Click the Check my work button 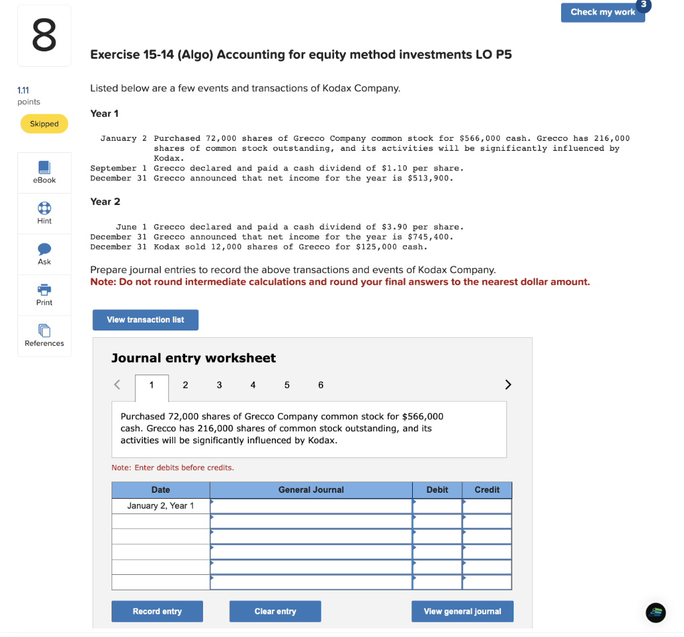(x=603, y=12)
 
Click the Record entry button (x=157, y=611)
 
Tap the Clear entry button (x=275, y=611)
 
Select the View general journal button (x=462, y=611)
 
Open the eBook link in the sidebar (x=44, y=172)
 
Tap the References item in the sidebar (x=44, y=335)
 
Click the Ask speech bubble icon (x=44, y=249)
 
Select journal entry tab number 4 (x=252, y=385)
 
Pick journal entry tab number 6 (x=321, y=385)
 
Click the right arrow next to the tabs (x=508, y=385)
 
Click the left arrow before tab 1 (x=118, y=385)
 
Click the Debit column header (x=437, y=489)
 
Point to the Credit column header (x=487, y=489)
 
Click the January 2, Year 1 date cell (x=160, y=506)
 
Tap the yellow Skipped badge (x=44, y=124)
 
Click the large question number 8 (x=44, y=36)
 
